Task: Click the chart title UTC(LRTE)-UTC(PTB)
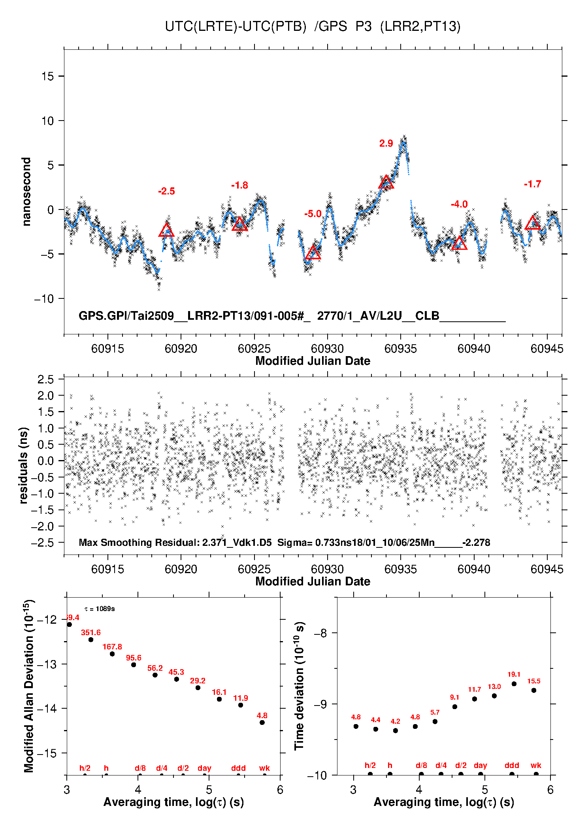[236, 26]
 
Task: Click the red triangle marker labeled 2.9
[386, 183]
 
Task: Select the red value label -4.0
[459, 204]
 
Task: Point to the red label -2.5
[166, 191]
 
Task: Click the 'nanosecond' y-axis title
[26, 192]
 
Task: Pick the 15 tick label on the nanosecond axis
[48, 76]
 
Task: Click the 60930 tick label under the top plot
[327, 349]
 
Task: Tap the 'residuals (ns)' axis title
[24, 465]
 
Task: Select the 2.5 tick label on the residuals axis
[45, 379]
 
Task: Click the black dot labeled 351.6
[91, 640]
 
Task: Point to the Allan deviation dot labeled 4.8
[262, 723]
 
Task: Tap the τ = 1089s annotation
[100, 609]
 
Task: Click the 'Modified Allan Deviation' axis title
[28, 686]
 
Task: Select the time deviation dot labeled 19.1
[514, 684]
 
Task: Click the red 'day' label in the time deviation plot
[481, 766]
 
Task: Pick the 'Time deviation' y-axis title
[299, 686]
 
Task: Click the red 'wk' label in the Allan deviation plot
[264, 768]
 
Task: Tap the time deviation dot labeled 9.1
[455, 707]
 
